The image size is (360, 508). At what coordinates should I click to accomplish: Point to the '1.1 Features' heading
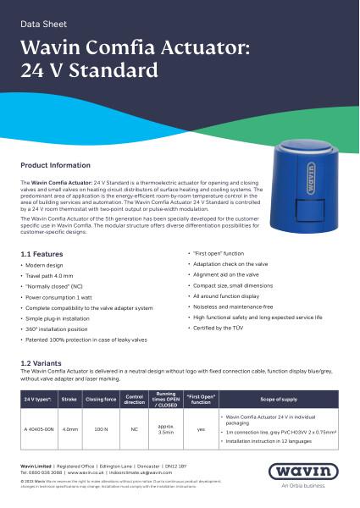(42, 254)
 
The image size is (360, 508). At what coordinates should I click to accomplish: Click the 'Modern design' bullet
(50, 266)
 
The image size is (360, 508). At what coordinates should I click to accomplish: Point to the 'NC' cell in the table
(134, 429)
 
